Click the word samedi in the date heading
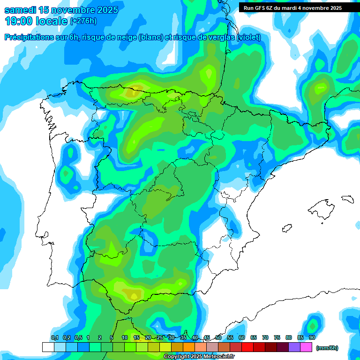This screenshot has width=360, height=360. click(x=21, y=10)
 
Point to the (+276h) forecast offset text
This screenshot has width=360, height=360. click(x=83, y=21)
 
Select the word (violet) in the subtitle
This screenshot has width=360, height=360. click(x=248, y=37)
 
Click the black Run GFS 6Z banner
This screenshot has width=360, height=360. click(x=292, y=7)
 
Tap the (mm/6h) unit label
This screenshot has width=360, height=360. click(x=327, y=348)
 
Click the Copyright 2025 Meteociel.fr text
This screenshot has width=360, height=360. click(x=199, y=357)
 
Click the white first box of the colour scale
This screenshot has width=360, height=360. click(x=48, y=347)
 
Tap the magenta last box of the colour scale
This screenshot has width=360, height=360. click(x=306, y=347)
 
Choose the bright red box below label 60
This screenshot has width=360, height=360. click(x=247, y=347)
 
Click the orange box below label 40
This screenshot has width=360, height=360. click(x=189, y=347)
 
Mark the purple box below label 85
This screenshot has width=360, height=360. click(x=294, y=347)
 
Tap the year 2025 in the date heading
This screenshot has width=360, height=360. click(x=105, y=10)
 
